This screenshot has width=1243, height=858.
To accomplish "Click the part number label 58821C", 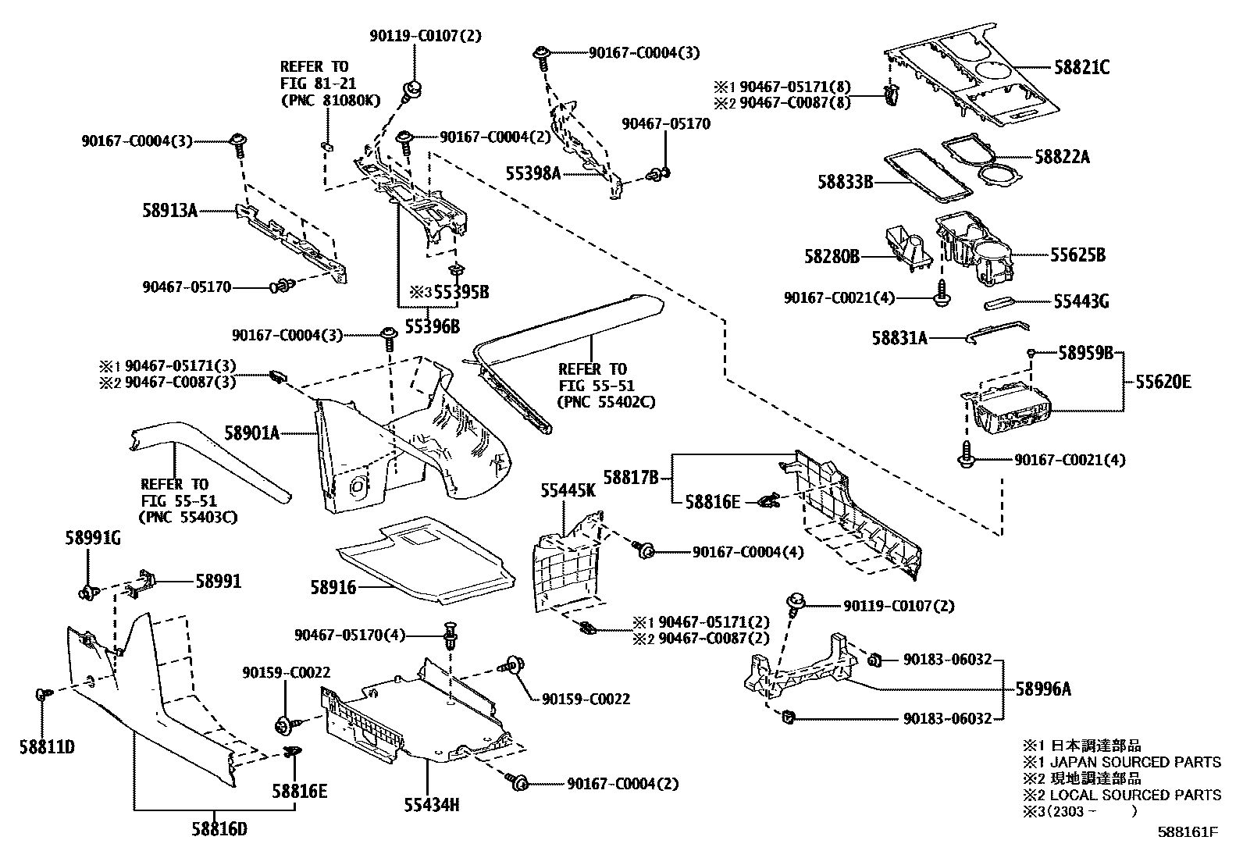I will (1081, 68).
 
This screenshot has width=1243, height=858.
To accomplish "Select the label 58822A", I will (1063, 157).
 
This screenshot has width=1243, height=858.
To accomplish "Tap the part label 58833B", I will (845, 182).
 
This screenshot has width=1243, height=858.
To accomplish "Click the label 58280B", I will (832, 256).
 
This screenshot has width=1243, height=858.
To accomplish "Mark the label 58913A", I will (169, 210).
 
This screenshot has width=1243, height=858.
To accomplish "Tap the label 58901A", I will (251, 432).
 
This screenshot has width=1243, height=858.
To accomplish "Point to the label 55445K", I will (568, 490).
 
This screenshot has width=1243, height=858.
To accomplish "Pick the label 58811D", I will (47, 747).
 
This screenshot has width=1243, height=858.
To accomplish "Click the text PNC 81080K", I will (330, 100).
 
